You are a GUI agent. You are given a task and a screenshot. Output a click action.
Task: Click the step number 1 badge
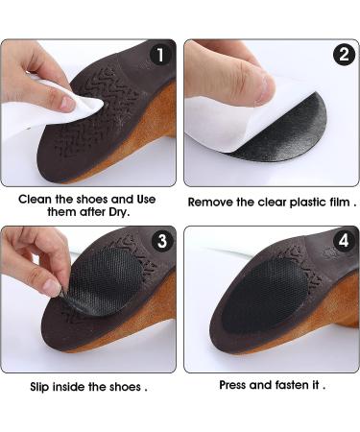tap(160, 55)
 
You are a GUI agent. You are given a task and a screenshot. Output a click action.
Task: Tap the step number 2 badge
tap(343, 55)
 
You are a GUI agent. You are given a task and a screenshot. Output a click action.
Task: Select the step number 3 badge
tap(160, 242)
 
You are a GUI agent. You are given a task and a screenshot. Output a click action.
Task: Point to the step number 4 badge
tap(343, 242)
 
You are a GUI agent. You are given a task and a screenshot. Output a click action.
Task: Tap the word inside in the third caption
tap(80, 388)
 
